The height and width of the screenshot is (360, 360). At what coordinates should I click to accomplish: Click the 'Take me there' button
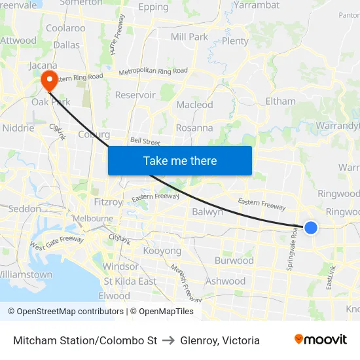click(180, 160)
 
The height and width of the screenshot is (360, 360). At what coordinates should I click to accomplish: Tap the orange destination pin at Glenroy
click(49, 81)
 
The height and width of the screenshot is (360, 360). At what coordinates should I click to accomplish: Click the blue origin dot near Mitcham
click(311, 228)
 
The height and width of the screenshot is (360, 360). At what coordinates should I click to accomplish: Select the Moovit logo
click(321, 340)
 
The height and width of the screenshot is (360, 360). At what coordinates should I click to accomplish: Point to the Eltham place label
click(280, 101)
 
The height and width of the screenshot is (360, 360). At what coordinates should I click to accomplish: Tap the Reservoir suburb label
click(135, 95)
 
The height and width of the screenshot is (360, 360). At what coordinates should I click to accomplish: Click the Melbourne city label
click(93, 218)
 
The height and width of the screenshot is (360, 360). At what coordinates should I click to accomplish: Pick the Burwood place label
click(234, 261)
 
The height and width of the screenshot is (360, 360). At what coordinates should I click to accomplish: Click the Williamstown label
click(25, 274)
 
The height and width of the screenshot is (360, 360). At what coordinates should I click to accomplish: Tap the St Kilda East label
click(130, 281)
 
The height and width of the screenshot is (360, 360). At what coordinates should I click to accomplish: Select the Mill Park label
click(189, 37)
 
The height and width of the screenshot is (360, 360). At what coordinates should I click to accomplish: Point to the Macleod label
click(194, 105)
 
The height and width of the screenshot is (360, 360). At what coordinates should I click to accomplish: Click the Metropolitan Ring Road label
click(153, 71)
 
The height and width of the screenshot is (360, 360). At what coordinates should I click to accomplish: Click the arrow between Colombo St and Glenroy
click(168, 340)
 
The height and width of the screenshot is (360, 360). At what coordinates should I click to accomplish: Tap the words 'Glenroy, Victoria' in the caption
click(220, 340)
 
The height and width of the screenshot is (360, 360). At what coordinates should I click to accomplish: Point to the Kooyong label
click(162, 251)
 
